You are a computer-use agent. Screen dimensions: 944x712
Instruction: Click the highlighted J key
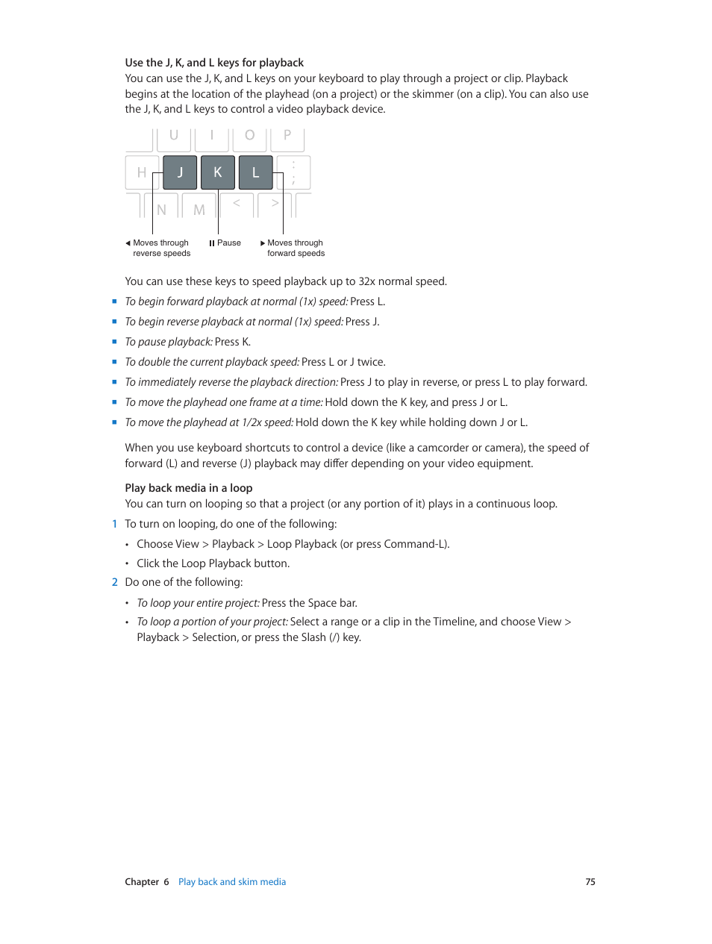tap(180, 172)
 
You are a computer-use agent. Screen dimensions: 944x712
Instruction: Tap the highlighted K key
tap(218, 172)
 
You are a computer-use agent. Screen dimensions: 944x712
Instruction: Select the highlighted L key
tap(255, 172)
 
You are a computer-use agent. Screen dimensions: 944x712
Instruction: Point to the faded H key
tap(141, 172)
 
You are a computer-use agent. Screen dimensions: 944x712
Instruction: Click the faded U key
tap(174, 137)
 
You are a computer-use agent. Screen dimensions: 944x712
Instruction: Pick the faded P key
tap(287, 137)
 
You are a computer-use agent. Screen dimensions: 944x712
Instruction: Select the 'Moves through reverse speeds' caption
tap(161, 248)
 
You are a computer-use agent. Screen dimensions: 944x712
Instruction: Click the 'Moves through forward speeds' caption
tap(296, 248)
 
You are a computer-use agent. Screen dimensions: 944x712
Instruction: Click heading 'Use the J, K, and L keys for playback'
tap(214, 63)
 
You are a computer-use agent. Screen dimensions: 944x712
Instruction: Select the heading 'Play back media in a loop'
tap(189, 488)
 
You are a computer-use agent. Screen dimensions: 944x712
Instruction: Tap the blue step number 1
tap(115, 524)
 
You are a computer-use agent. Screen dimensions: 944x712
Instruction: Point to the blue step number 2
tap(115, 582)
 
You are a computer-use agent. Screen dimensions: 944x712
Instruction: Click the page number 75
tap(590, 882)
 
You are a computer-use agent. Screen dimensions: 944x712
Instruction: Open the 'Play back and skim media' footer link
tap(232, 882)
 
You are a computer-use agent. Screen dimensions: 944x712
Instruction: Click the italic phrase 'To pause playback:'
tap(169, 342)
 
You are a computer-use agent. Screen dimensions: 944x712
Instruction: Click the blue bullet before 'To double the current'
tap(114, 362)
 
